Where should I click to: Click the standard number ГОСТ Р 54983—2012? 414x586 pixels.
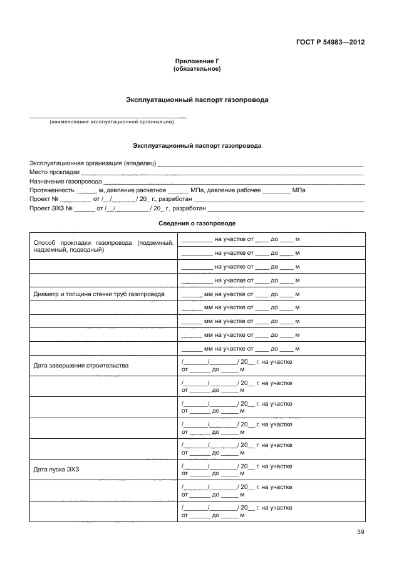330,43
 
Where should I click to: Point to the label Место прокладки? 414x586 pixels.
54,172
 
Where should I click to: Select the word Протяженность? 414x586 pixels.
51,190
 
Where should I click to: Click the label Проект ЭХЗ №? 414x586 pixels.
51,208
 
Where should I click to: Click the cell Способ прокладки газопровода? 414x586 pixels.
103,245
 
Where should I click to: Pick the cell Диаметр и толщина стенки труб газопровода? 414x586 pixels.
99,294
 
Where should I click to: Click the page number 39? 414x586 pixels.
360,532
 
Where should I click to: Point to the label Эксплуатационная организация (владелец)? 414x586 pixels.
92,163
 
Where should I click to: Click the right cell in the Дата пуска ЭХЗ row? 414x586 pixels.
271,470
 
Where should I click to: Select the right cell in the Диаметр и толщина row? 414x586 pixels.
271,294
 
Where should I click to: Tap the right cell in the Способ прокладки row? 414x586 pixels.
271,239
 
